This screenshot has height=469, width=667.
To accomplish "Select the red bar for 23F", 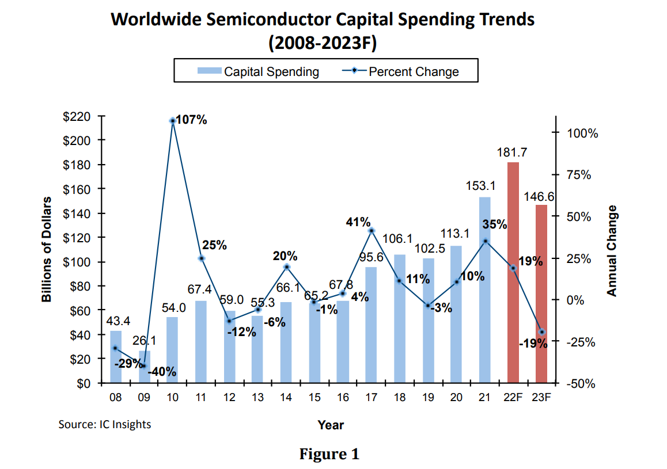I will click(x=541, y=293).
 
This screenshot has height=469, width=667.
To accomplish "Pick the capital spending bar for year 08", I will click(x=116, y=357).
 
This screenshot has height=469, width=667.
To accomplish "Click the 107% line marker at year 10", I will click(x=172, y=121).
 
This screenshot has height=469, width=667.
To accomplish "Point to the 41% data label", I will click(x=358, y=221).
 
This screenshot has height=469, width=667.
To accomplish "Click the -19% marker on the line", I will click(x=542, y=332).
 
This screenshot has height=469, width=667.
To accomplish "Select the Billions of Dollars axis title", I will click(x=47, y=249).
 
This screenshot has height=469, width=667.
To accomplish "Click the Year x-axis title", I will click(x=331, y=425).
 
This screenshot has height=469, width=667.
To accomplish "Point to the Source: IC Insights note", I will click(x=105, y=425).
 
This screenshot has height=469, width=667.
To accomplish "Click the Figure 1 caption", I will click(x=329, y=454).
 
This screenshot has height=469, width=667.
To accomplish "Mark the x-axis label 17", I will click(x=372, y=397).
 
